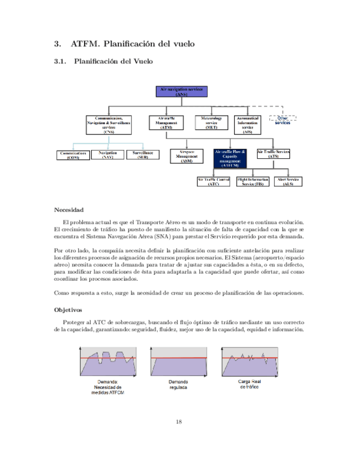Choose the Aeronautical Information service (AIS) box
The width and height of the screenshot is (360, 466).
tap(247, 125)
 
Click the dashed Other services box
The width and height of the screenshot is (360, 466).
tap(283, 119)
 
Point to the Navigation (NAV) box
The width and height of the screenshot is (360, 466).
tap(108, 155)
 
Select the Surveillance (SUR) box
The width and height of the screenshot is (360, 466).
tap(142, 155)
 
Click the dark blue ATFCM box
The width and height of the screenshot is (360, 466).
tap(230, 158)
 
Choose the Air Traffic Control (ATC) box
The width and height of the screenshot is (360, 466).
tap(213, 182)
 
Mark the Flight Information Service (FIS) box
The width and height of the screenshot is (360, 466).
tap(253, 182)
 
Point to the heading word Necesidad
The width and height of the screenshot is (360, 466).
tap(68, 209)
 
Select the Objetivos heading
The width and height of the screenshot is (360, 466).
tap(68, 310)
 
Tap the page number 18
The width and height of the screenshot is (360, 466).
tap(179, 421)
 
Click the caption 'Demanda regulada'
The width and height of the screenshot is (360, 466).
tap(178, 384)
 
